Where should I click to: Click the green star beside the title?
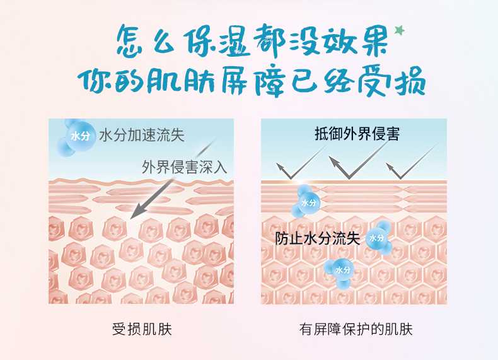400,30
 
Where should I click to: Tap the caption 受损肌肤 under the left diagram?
142,329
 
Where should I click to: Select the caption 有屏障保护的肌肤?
356,329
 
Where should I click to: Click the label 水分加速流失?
142,135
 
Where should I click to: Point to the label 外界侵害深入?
184,167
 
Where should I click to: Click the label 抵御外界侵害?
357,134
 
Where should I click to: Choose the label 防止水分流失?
317,238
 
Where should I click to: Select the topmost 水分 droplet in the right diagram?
306,202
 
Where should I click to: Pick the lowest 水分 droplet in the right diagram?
340,272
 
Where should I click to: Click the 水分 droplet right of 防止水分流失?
379,238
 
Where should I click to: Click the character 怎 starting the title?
131,42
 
